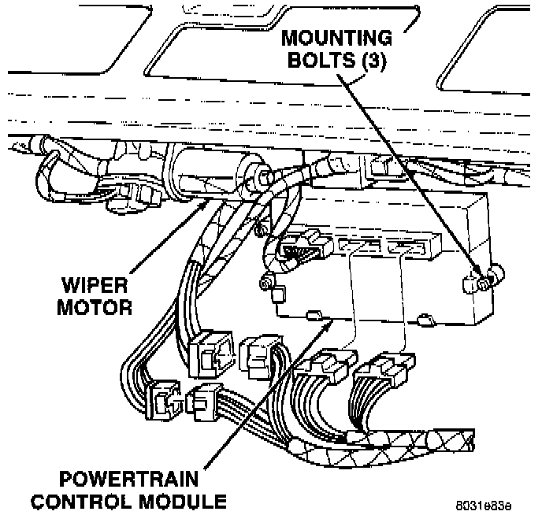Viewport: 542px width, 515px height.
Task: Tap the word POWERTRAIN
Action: pos(128,479)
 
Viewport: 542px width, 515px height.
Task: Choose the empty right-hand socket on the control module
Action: pos(406,247)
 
